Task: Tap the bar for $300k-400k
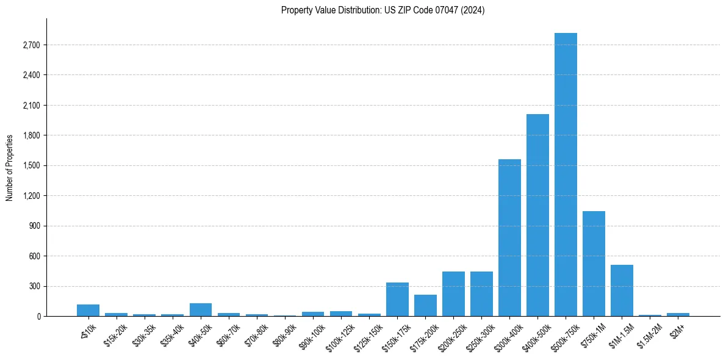coord(509,237)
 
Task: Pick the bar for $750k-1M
coord(594,264)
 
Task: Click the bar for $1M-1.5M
coord(622,290)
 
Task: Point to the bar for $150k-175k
coord(397,300)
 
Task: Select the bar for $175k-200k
coord(425,306)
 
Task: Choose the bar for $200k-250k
coord(453,294)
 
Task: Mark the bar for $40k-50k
coord(201,310)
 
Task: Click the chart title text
coord(383,10)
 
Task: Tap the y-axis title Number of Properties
coord(10,167)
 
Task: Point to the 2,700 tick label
coord(31,45)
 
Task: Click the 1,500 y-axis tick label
coord(31,165)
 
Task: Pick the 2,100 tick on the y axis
coord(31,106)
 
